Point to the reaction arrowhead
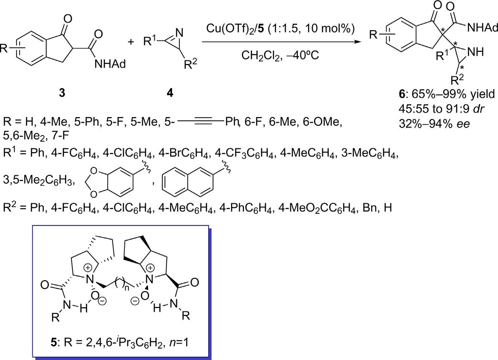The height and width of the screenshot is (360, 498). point(354,42)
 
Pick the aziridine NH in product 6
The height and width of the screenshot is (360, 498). point(474,52)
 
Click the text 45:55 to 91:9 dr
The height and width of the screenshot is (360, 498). point(441,109)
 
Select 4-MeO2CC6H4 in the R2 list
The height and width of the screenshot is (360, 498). point(318,207)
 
